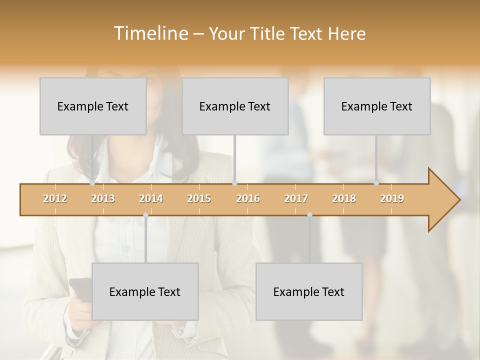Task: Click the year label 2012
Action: click(x=55, y=198)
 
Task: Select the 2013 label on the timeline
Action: click(x=103, y=198)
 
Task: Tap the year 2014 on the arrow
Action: click(x=151, y=198)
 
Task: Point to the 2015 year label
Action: click(x=199, y=198)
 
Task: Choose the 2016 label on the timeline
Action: click(x=248, y=198)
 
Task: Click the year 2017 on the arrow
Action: click(x=296, y=198)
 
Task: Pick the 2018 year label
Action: click(x=344, y=198)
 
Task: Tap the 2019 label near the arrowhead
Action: click(x=392, y=198)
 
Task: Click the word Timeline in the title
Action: click(x=150, y=33)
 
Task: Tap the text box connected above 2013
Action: click(x=93, y=106)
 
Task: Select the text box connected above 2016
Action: click(x=235, y=106)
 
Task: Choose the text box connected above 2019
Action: click(x=377, y=106)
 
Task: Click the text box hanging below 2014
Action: click(x=145, y=291)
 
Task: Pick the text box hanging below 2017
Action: click(x=309, y=291)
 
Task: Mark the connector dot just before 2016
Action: click(x=235, y=183)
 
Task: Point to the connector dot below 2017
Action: click(x=309, y=215)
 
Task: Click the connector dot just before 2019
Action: click(x=376, y=183)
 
